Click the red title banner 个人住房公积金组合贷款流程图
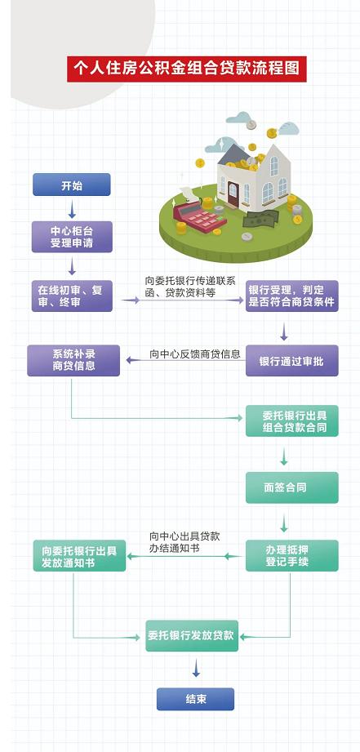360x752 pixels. [186, 69]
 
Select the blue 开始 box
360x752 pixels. [71, 185]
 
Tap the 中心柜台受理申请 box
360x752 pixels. [72, 237]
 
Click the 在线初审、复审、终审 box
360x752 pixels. [72, 296]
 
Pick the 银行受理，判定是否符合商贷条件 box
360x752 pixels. [292, 296]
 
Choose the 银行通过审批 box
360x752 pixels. [292, 361]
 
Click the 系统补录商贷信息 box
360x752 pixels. [73, 361]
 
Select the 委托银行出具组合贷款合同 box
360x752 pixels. [292, 420]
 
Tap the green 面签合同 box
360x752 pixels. [292, 487]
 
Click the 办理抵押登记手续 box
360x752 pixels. [292, 555]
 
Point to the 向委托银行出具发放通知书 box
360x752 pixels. [79, 555]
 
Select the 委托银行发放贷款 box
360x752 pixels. [192, 635]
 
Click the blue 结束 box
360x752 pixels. [195, 699]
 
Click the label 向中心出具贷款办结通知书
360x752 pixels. [184, 542]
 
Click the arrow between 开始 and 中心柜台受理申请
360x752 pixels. [72, 209]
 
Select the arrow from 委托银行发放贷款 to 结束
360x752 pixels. [196, 668]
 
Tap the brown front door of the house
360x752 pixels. [233, 193]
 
